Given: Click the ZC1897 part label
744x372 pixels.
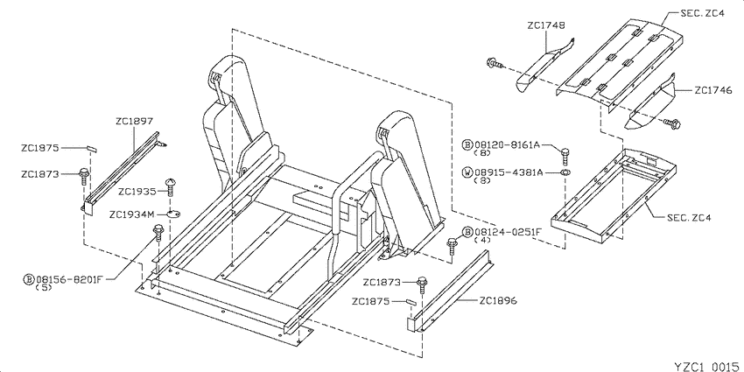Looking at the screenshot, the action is click(134, 122).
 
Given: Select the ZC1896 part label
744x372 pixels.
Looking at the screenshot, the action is click(498, 300).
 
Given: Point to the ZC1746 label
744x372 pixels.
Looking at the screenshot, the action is click(713, 89).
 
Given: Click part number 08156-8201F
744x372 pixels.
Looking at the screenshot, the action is click(69, 279).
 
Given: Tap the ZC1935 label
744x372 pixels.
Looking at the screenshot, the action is click(137, 192).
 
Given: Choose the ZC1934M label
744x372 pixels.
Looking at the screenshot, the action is click(132, 214).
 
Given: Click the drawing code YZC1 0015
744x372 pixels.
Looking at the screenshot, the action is click(706, 366).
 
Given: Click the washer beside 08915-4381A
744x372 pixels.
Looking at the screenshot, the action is click(565, 172).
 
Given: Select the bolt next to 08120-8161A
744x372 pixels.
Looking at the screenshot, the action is click(565, 155).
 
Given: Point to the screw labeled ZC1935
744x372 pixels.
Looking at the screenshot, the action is click(171, 187).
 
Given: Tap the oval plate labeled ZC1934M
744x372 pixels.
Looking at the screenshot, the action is click(173, 214).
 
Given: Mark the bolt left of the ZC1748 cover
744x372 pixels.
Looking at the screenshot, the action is click(494, 62).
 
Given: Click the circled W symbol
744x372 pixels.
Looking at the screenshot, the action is click(467, 172).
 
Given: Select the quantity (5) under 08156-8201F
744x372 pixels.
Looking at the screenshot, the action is click(44, 288).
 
